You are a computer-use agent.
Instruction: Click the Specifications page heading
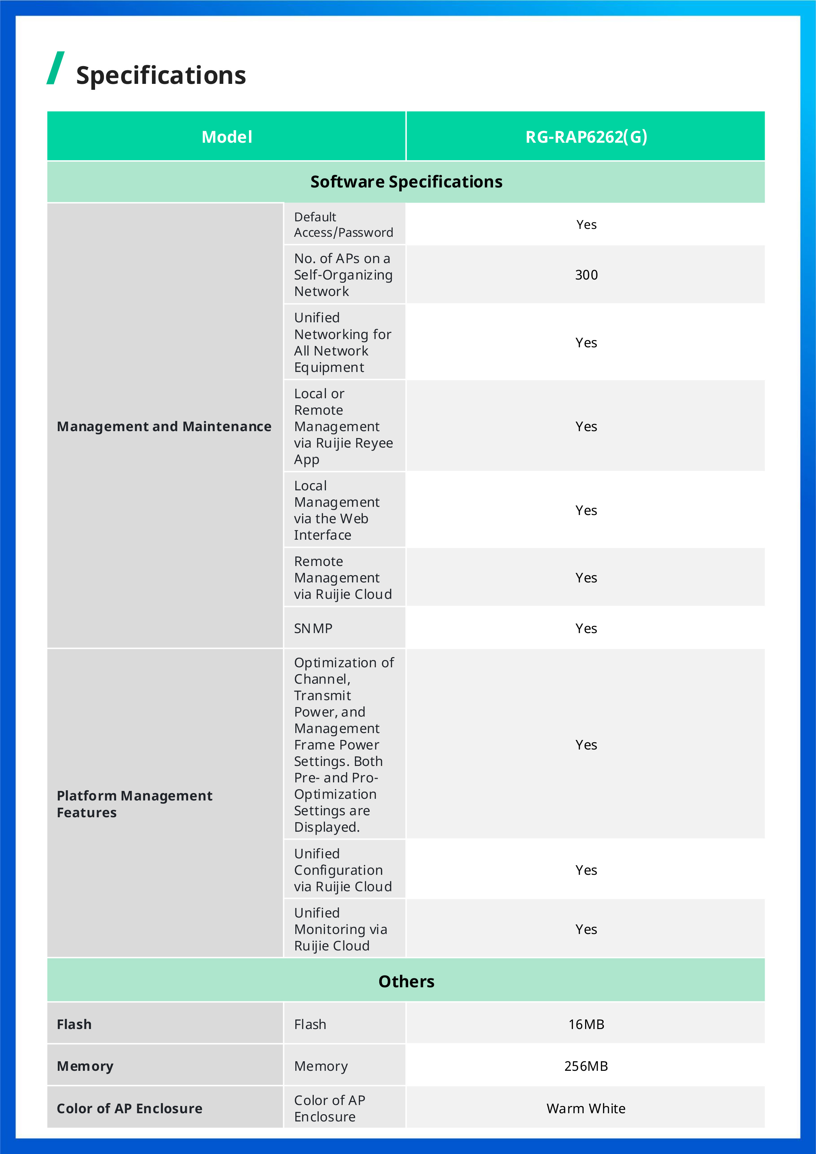tap(161, 75)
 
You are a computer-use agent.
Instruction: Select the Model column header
tap(227, 137)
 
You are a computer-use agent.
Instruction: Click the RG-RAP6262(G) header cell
tap(586, 137)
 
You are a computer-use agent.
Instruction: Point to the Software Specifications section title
tap(406, 182)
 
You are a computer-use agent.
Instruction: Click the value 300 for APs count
tap(586, 275)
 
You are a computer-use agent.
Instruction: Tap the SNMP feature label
tap(313, 628)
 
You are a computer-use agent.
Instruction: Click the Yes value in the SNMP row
tap(586, 628)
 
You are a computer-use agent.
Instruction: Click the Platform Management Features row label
tap(135, 804)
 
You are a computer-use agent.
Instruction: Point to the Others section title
tap(406, 981)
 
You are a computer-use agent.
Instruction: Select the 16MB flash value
tap(586, 1024)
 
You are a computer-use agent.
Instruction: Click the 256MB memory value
tap(586, 1066)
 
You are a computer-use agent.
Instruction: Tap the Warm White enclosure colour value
tap(586, 1108)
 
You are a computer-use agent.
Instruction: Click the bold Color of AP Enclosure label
tap(130, 1108)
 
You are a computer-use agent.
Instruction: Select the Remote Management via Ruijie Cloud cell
tap(343, 577)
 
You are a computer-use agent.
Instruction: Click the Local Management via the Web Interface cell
tap(337, 510)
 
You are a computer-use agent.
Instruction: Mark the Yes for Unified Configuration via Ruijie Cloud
tap(586, 870)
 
